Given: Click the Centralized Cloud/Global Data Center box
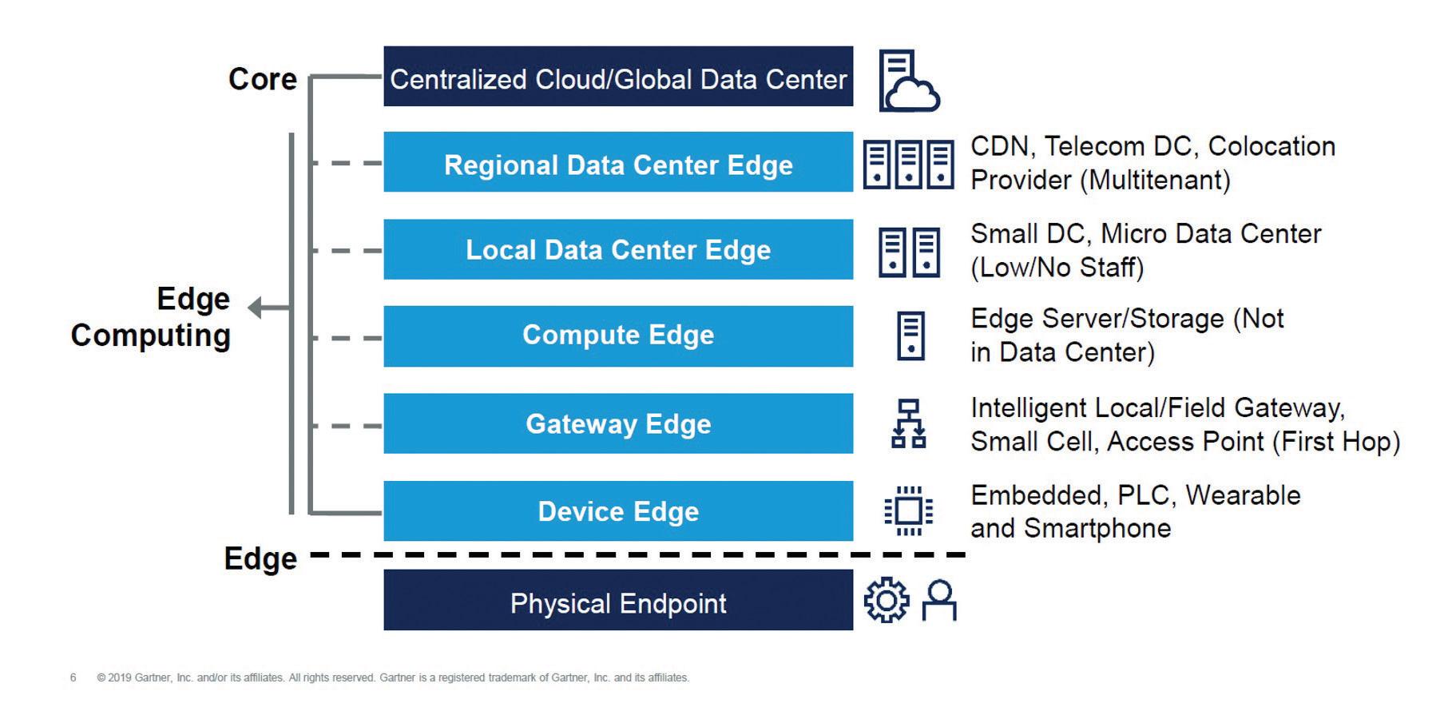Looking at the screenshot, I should click(x=618, y=77).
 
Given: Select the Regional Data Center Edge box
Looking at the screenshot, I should click(x=618, y=162).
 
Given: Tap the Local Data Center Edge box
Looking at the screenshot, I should click(x=618, y=249).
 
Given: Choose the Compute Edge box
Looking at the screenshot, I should click(x=618, y=336).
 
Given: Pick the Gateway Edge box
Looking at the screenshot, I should click(x=618, y=423).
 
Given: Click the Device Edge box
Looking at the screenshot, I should click(x=618, y=510).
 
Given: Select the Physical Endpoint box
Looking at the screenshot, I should click(x=618, y=600).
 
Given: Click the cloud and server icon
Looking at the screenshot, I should click(x=908, y=81).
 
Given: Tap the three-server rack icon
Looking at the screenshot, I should click(x=908, y=165).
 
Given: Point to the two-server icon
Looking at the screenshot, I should click(x=909, y=252).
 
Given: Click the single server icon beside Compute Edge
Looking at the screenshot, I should click(x=910, y=336).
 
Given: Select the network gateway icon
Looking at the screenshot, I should click(x=909, y=423).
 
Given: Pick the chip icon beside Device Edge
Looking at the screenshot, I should click(x=909, y=510).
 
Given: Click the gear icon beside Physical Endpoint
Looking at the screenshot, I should click(x=887, y=601).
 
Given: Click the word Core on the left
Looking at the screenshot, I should click(x=262, y=79).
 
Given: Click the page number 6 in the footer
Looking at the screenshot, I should click(x=73, y=677).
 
